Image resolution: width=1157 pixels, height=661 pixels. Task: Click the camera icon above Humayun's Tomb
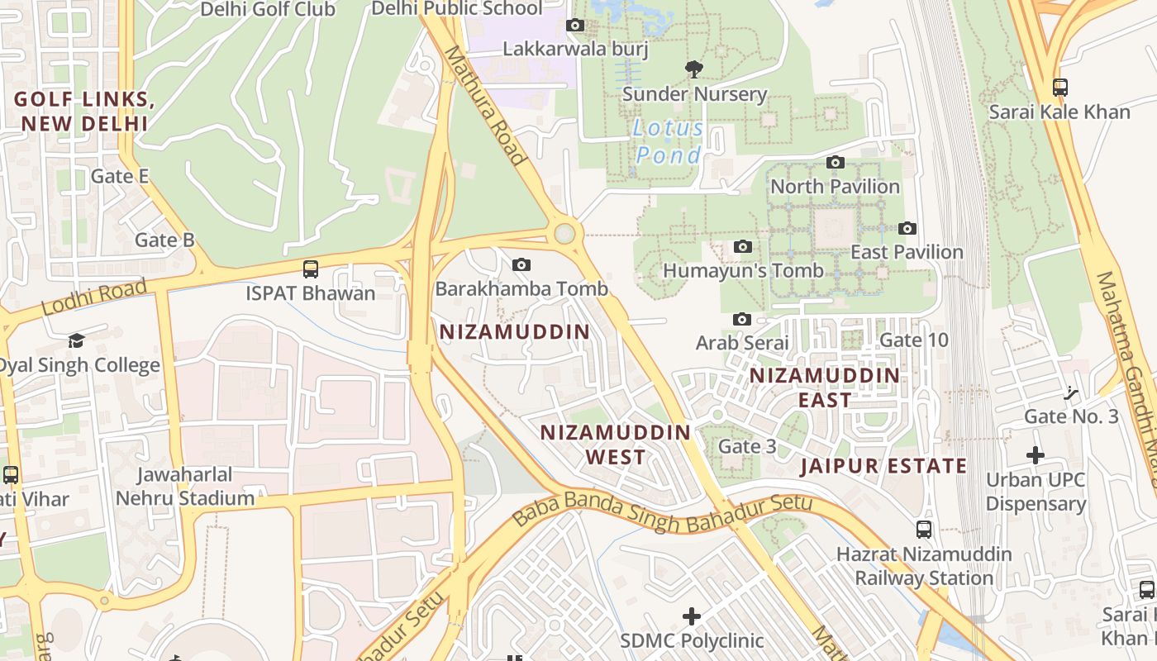coord(742,246)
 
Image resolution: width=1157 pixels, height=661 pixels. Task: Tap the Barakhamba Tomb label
coord(521,288)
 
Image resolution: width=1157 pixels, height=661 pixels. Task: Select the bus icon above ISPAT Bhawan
coord(311,269)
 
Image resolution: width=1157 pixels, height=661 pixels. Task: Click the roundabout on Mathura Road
coord(564,233)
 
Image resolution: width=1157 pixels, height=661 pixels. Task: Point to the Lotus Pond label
coord(669,141)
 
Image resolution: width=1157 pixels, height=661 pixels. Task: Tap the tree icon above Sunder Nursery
coord(694,69)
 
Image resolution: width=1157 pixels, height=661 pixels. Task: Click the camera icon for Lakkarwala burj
coord(575,26)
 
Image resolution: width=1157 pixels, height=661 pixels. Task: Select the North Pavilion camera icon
coord(836,162)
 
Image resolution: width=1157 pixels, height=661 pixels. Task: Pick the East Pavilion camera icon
coord(907,228)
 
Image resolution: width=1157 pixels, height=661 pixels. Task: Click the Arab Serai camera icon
coord(742,319)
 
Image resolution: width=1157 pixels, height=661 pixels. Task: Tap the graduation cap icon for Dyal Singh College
coord(76,340)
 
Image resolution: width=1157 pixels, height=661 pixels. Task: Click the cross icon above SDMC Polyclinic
coord(692,616)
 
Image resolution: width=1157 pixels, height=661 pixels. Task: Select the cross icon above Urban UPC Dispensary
coord(1036,454)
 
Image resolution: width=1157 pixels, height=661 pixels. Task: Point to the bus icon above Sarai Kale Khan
coord(1059,87)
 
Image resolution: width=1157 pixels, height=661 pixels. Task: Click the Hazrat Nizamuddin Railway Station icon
coord(924,530)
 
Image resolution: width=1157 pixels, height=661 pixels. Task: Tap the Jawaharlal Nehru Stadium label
coord(185,487)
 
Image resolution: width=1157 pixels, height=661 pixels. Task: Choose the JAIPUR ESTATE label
coord(883,465)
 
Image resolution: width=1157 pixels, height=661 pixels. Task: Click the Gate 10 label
coord(914,340)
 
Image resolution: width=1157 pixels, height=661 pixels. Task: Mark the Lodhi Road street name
coord(93,297)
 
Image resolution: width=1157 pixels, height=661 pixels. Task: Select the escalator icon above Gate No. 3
coord(1072,392)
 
